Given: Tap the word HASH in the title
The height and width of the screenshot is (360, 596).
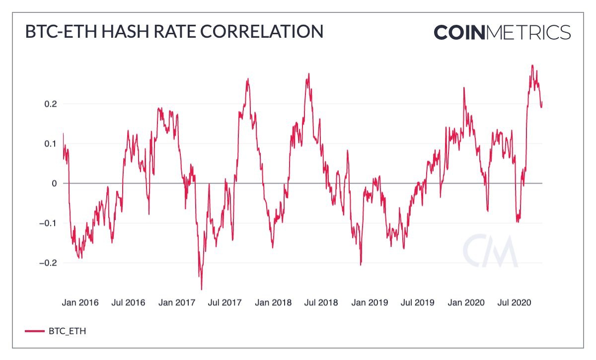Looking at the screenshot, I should point(123,32).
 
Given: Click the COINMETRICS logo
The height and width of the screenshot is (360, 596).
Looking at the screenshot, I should point(502,32).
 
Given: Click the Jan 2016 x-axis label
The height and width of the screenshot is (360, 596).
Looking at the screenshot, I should point(80,302).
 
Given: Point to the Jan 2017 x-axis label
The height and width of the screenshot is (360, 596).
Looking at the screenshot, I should point(176,302).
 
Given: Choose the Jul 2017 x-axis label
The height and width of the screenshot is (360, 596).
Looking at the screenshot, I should point(224,302).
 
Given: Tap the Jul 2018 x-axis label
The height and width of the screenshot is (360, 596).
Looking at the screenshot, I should point(320,302).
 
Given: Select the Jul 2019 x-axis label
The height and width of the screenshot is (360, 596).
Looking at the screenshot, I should point(417,302).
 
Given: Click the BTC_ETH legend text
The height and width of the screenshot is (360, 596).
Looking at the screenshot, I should point(67,331).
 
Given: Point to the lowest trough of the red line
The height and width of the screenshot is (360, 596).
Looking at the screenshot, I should point(202,289).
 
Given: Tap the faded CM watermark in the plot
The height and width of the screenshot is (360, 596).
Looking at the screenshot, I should point(490,250).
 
